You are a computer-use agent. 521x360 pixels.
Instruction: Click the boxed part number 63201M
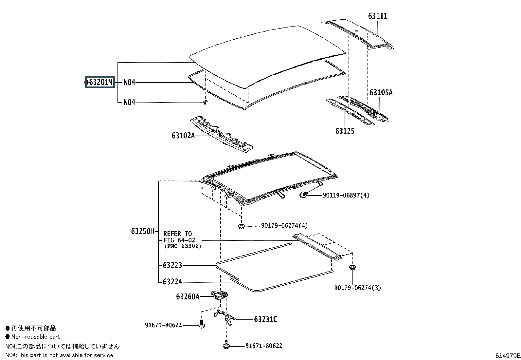pos(100,82)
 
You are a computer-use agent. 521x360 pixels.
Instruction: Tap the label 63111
pos(378,16)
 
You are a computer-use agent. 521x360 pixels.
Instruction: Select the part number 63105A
pos(381,92)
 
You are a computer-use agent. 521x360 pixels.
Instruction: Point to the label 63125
pos(345,131)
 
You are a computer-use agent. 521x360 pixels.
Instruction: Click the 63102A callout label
pos(183,136)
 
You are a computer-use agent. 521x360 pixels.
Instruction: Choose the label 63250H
pos(143,231)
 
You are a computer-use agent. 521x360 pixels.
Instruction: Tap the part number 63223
pos(172,265)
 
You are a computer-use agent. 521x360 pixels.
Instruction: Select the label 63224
pos(172,282)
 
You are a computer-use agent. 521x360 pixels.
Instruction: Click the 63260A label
pos(188,297)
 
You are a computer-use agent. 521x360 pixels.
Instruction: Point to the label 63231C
pos(266,319)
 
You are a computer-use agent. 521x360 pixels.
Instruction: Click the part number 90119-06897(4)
pos(346,195)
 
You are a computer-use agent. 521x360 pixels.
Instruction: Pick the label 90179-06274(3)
pos(358,288)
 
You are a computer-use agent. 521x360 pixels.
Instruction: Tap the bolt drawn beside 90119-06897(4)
pos(303,195)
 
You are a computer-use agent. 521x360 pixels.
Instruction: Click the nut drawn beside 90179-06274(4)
pos(242,226)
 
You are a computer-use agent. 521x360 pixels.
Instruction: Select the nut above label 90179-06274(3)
pos(353,267)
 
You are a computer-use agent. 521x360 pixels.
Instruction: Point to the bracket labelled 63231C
pos(225,317)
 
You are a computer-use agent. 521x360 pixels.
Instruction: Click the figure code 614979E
pos(508,356)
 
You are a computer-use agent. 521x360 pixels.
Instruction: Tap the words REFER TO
pos(177,234)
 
